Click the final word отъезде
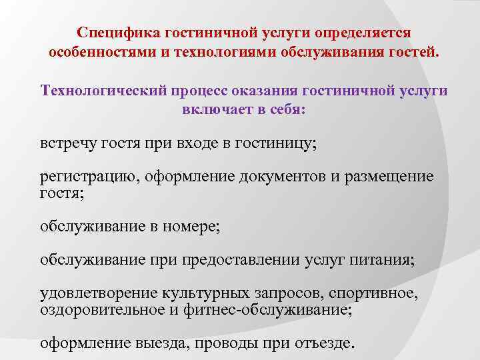(x=323, y=343)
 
